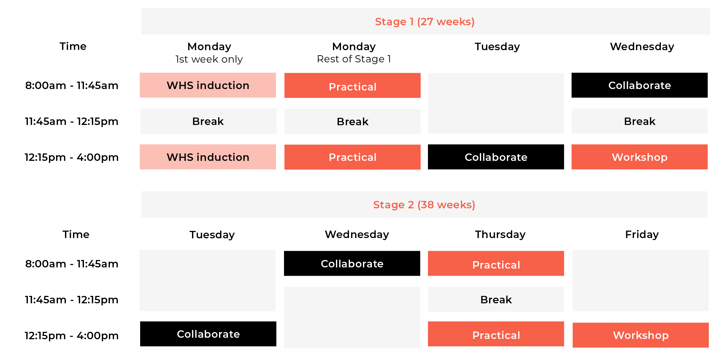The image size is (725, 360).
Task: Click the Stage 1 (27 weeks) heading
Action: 425,22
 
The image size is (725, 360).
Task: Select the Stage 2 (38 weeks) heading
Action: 424,205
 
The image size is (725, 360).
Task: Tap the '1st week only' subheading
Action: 209,59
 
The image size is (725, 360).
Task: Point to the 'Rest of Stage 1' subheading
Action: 354,59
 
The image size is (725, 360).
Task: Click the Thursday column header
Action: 500,234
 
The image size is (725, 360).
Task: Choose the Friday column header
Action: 642,234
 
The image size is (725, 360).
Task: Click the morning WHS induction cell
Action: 208,85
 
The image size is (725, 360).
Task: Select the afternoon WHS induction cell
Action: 208,157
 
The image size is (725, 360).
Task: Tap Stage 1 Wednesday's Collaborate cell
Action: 640,85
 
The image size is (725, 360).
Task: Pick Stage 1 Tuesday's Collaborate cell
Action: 496,157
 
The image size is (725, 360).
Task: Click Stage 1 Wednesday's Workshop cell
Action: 640,157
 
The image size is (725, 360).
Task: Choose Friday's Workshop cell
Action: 641,335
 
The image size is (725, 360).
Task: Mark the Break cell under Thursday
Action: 496,299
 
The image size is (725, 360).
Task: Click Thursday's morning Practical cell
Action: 496,264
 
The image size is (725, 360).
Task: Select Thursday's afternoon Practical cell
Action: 496,334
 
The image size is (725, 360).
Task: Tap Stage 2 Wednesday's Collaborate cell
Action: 352,264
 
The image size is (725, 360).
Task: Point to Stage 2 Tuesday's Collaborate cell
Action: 208,334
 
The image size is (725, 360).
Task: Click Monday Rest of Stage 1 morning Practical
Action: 353,85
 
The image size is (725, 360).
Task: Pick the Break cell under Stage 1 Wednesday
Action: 640,121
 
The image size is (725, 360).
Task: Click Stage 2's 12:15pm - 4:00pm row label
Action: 72,336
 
